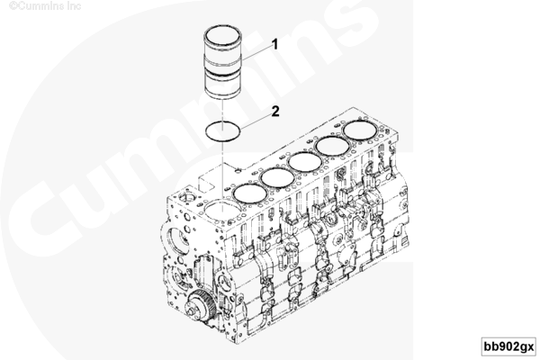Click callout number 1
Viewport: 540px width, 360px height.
pyautogui.click(x=274, y=45)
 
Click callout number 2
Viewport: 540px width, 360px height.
pyautogui.click(x=275, y=112)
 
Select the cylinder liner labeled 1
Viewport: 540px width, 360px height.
pyautogui.click(x=222, y=62)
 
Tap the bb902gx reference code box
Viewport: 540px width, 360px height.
pyautogui.click(x=508, y=346)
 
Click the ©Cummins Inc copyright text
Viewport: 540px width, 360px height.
pyautogui.click(x=45, y=6)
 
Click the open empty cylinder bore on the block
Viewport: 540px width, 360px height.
pyautogui.click(x=220, y=210)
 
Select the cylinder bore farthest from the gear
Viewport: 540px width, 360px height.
pyautogui.click(x=361, y=130)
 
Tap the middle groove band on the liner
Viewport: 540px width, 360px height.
pyautogui.click(x=222, y=64)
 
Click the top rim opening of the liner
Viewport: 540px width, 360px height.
pyautogui.click(x=222, y=34)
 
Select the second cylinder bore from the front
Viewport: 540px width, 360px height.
pyautogui.click(x=249, y=193)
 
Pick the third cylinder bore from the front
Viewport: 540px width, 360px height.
pyautogui.click(x=277, y=178)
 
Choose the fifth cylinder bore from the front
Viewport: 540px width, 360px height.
pyautogui.click(x=333, y=146)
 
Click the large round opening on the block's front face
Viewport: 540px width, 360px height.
pyautogui.click(x=178, y=242)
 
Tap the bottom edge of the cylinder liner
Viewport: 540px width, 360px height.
pyautogui.click(x=222, y=96)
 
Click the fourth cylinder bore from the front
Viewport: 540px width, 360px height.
pyautogui.click(x=305, y=162)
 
